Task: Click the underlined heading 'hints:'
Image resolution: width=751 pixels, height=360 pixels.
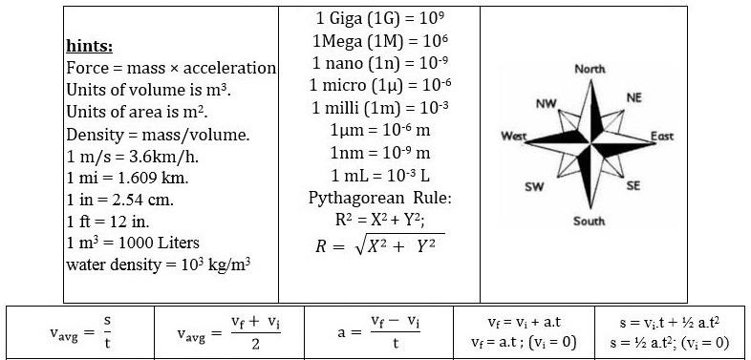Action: point(90,47)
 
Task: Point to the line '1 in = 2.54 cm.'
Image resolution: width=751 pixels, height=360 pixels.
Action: point(119,200)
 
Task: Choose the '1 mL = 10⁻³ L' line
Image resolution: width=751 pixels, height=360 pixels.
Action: point(380,176)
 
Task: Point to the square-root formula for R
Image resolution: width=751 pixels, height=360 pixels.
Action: point(380,245)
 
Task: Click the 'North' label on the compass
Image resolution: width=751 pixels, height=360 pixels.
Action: point(590,69)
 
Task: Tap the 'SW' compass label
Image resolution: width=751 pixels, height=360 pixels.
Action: point(534,187)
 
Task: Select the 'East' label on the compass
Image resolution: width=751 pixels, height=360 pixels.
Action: point(662,137)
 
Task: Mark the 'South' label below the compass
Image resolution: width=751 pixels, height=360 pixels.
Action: point(590,222)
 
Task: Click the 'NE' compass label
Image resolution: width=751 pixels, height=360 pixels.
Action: point(633,98)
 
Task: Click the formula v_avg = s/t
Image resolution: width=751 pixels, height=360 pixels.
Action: point(80,331)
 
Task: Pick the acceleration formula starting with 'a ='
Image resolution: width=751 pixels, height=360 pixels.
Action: point(378,331)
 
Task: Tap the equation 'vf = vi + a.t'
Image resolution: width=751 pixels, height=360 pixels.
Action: point(524,322)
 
